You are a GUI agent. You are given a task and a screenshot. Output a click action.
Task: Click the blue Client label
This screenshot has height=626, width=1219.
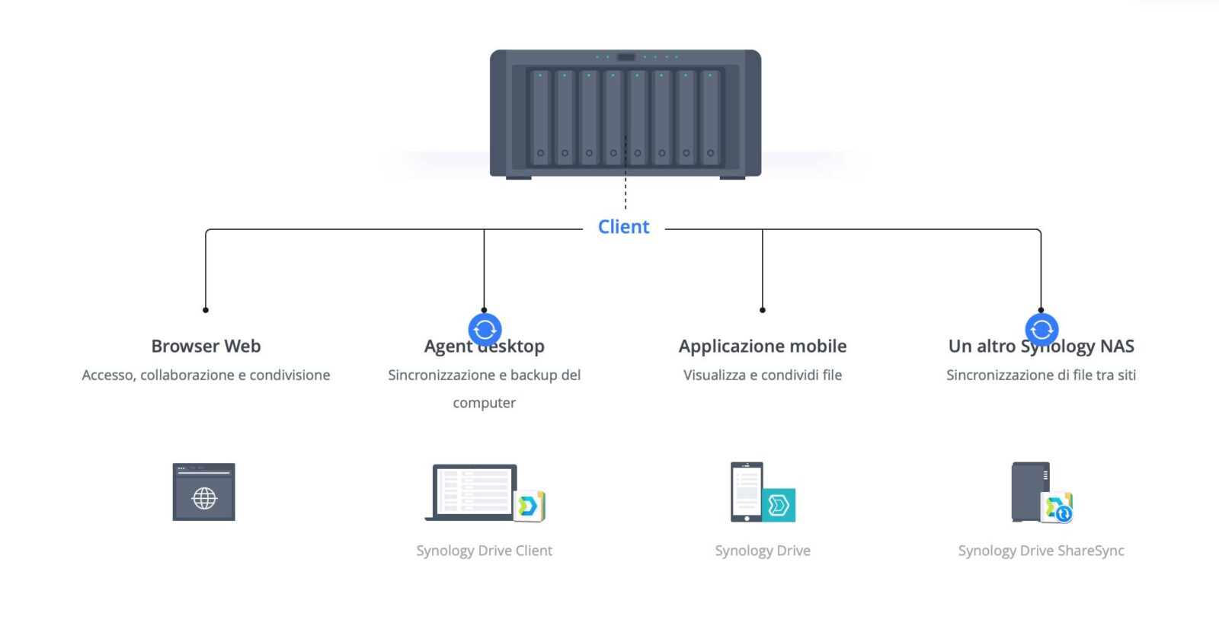pos(623,227)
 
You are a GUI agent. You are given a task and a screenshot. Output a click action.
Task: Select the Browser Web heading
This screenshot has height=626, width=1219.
pos(206,347)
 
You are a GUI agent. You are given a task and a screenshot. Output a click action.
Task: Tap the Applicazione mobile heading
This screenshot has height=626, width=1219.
pos(763,347)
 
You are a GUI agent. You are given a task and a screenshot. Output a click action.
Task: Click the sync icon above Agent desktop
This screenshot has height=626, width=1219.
pos(485,330)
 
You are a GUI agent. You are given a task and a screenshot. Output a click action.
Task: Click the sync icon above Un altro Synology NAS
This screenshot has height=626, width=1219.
pos(1041,330)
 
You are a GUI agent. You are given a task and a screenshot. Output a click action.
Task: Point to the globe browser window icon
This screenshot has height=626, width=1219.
pos(203,492)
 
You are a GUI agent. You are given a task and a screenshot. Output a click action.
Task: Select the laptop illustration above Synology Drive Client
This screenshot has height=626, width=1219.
pos(472,492)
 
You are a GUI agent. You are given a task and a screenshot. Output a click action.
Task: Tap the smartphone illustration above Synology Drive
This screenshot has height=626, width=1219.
pos(747,492)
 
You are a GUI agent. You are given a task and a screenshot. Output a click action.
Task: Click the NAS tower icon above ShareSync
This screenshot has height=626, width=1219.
pos(1031,492)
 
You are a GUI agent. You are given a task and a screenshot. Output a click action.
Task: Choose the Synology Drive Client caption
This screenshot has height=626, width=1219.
pos(484,551)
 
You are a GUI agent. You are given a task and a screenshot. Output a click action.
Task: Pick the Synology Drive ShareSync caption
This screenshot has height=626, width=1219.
pos(1041,551)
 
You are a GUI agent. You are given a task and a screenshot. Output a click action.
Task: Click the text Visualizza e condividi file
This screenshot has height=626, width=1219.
pos(763,375)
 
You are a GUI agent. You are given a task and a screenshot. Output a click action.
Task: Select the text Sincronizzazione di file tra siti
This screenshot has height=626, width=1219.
pos(1041,375)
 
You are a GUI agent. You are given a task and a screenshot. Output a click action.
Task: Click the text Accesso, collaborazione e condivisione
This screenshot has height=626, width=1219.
pos(206,375)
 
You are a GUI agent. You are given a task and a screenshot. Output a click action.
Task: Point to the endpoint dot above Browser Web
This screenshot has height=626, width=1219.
pos(206,310)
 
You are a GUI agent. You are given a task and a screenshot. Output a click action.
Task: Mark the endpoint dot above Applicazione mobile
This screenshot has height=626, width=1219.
pos(763,310)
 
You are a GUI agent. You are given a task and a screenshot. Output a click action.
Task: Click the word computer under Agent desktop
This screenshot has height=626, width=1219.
pos(484,403)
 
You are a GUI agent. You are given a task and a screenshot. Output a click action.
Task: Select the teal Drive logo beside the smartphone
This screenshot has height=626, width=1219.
pos(779,505)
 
